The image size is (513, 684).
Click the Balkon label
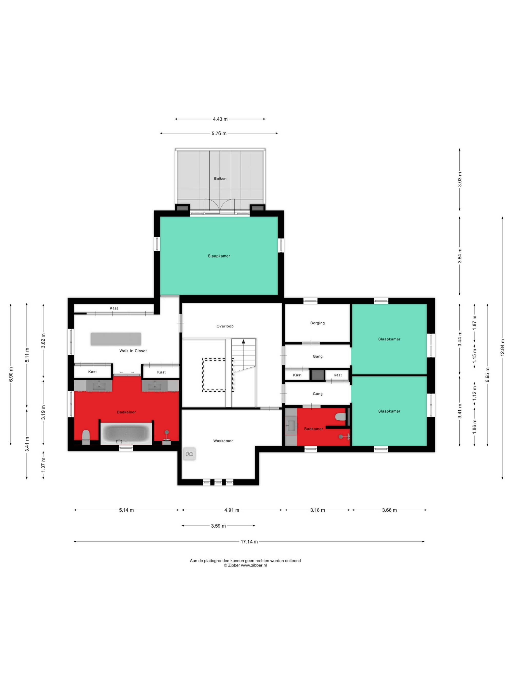pos(220,179)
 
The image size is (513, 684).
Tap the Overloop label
pos(225,326)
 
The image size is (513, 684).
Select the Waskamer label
pos(223,441)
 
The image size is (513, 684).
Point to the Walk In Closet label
pos(133,351)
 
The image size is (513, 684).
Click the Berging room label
pos(317,323)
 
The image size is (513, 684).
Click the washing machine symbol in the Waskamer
pos(189,454)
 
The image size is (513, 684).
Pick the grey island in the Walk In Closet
pos(116,339)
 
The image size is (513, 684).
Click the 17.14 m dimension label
pos(249,541)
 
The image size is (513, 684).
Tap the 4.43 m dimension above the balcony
pos(220,119)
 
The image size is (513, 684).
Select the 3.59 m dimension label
pos(218,526)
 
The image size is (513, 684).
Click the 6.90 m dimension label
pos(11,374)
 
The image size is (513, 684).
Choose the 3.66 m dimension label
pos(389,510)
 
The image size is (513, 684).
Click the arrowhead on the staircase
pos(243,341)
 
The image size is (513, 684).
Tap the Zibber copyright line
pos(245,565)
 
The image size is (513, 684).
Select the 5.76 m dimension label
pos(219,133)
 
